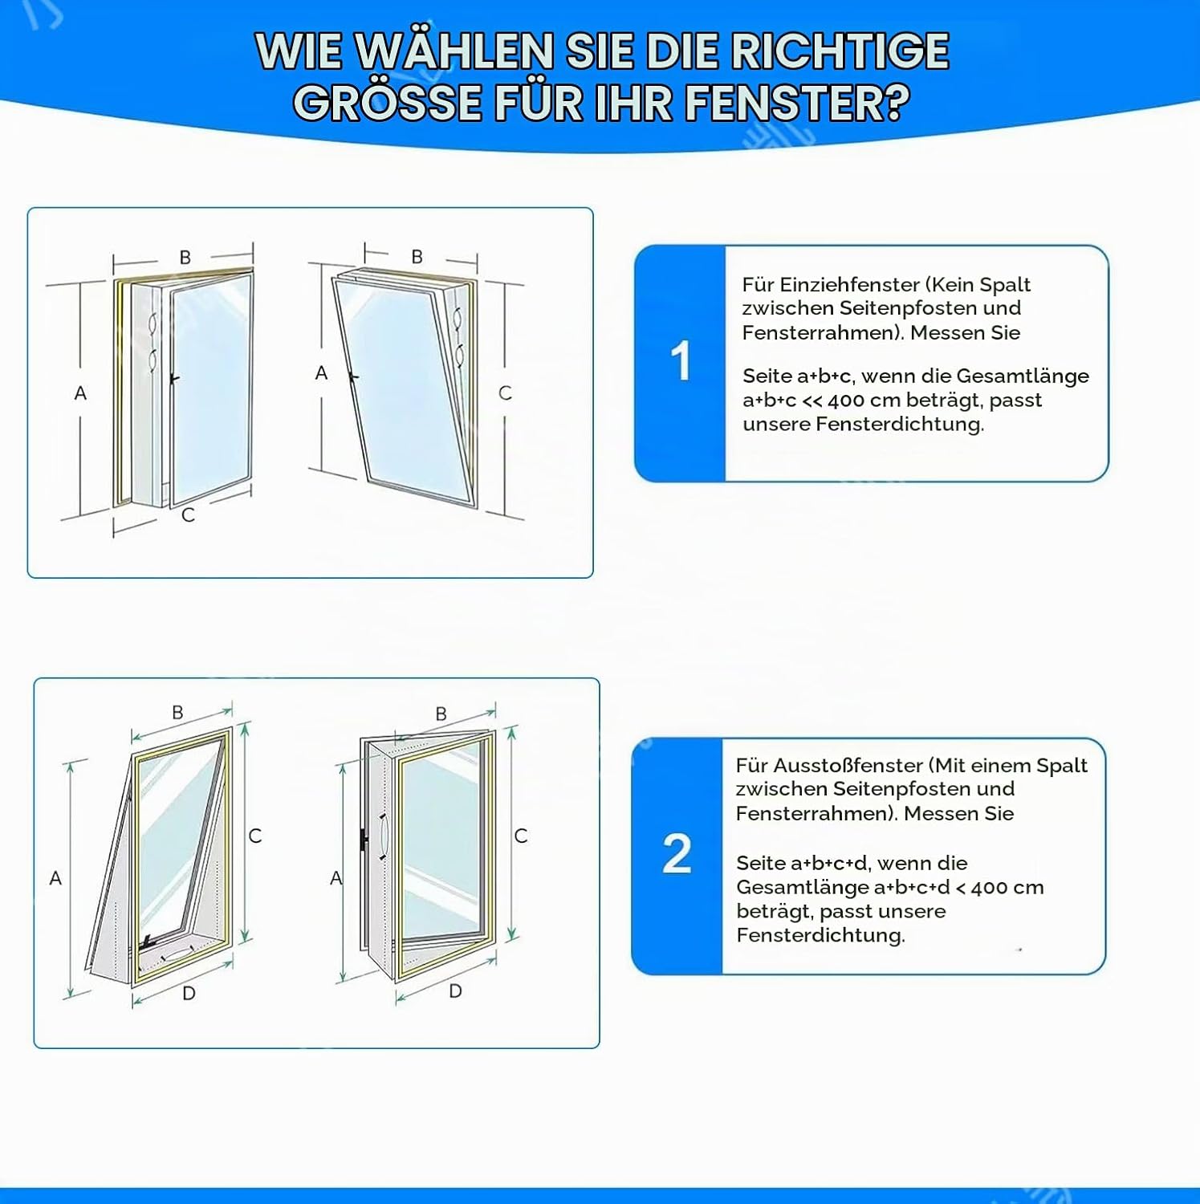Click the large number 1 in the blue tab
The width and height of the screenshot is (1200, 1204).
[x=680, y=361]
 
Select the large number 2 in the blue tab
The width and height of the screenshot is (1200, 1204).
[x=677, y=853]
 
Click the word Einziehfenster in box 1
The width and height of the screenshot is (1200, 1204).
[x=848, y=285]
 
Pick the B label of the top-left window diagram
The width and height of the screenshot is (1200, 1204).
[x=185, y=258]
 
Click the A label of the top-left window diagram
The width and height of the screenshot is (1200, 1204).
[x=80, y=393]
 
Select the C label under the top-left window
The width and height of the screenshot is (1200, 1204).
[x=189, y=515]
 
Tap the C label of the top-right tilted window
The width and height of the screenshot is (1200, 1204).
[x=505, y=393]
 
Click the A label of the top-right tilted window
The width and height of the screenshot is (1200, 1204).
[x=321, y=373]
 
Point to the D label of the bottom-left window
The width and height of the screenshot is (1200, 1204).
[x=189, y=994]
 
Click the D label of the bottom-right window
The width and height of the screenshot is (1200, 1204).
[x=455, y=991]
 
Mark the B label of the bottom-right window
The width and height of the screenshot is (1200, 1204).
[x=441, y=714]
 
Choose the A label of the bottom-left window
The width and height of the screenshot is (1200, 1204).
[x=55, y=878]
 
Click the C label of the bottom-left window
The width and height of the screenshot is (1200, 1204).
[x=255, y=836]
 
